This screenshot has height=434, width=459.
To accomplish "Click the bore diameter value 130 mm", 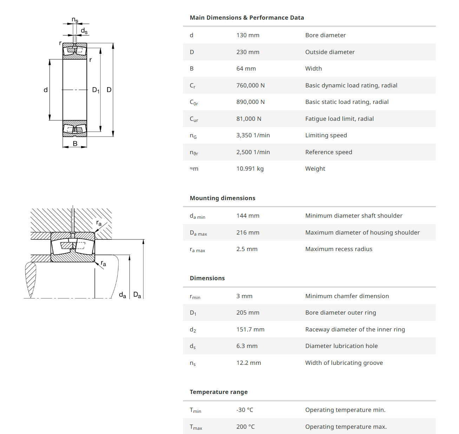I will [x=248, y=35].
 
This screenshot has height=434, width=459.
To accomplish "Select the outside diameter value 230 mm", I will [x=248, y=52].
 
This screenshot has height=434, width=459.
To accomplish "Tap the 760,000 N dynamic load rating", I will [x=250, y=85].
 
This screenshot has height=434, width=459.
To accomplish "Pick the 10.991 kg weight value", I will [x=250, y=169].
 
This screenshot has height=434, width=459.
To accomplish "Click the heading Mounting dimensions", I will [x=222, y=198].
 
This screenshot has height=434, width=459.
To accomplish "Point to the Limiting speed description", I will [x=326, y=135].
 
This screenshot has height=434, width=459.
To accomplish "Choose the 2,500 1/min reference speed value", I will [x=253, y=152].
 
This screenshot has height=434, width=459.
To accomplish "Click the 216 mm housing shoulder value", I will [x=248, y=232].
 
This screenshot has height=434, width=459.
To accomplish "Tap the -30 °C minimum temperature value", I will [x=244, y=410].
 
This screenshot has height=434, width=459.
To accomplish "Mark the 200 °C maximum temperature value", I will [x=245, y=427].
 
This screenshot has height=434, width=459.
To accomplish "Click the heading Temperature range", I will [x=218, y=392].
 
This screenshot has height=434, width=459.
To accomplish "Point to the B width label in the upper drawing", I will [x=75, y=144].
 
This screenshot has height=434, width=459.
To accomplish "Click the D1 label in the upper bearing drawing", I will [x=96, y=90].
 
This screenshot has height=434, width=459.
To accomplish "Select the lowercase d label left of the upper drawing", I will [x=46, y=90].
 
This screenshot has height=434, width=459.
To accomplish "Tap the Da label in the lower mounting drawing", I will [x=137, y=295].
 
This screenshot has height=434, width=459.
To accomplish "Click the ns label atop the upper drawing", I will [x=75, y=20].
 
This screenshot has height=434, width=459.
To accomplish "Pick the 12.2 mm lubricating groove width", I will [x=248, y=363].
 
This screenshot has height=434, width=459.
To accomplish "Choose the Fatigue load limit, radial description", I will [x=339, y=119].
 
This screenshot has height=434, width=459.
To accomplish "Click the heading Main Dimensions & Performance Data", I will [x=247, y=18].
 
